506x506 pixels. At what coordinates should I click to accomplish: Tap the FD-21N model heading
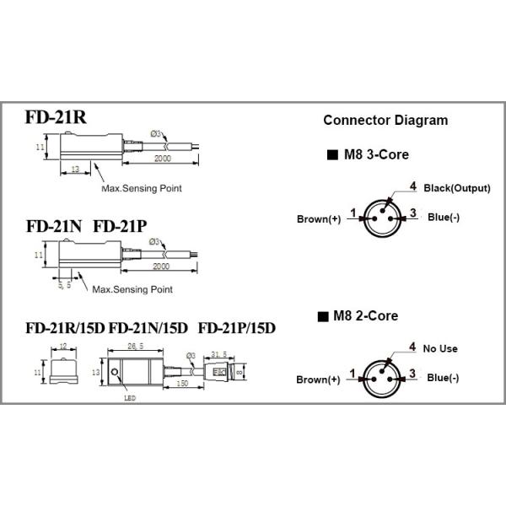[53, 226]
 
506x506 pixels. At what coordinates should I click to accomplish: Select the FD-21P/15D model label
[237, 327]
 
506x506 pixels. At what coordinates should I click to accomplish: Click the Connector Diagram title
[385, 120]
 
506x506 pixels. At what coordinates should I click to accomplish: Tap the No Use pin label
[441, 347]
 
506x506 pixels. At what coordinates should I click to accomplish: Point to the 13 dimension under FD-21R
[75, 170]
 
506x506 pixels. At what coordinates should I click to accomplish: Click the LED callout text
[129, 399]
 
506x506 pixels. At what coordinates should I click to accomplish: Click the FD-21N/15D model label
[148, 327]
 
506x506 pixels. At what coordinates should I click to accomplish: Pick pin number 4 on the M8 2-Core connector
[412, 346]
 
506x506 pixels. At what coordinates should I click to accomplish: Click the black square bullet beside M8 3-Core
[330, 156]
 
